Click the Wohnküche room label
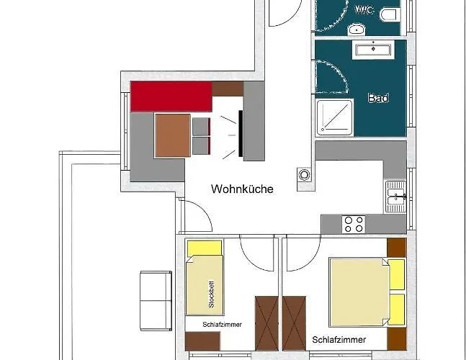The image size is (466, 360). click(x=242, y=189)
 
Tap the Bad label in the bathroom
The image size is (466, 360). click(x=378, y=98)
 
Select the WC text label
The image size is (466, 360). click(x=364, y=10)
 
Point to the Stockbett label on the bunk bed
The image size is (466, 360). click(x=211, y=294)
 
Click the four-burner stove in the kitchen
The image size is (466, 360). click(x=354, y=224)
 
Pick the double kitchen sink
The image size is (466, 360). click(x=395, y=197)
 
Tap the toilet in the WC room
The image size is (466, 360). click(x=390, y=15)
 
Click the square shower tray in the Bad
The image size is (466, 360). click(x=335, y=118)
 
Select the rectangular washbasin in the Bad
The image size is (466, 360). click(x=373, y=50)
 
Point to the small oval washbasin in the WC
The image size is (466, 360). click(x=357, y=30)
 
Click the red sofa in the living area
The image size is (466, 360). click(x=171, y=96)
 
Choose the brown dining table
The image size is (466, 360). click(x=173, y=135)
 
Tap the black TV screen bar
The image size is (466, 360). click(x=241, y=133)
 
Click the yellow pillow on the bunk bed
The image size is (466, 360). click(x=205, y=248)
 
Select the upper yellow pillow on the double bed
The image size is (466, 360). click(x=397, y=275)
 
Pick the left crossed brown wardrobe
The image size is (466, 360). click(x=266, y=323)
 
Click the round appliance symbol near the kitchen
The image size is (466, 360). click(x=304, y=175)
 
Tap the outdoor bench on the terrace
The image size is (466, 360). click(x=156, y=300)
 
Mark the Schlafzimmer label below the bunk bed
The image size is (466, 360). click(x=223, y=325)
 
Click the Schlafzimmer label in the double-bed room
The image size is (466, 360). click(x=339, y=340)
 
